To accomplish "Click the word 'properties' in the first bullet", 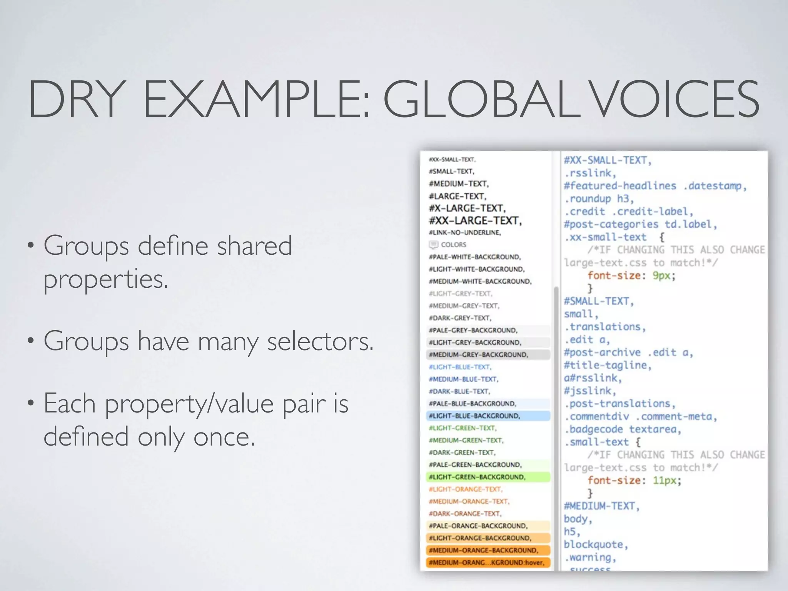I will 106,279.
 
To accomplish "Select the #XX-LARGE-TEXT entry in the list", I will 475,220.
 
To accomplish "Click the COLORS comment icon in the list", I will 433,244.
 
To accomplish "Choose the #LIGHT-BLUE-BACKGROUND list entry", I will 474,416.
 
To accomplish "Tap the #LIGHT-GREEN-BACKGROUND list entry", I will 477,477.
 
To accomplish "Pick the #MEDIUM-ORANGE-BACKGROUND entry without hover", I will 483,550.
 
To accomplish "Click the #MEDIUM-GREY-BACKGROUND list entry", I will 478,354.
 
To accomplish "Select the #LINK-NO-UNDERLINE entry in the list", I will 465,232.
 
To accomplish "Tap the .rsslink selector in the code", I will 590,173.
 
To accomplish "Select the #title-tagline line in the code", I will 608,365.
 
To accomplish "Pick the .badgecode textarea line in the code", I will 623,429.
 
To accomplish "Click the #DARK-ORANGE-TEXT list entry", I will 465,514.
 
